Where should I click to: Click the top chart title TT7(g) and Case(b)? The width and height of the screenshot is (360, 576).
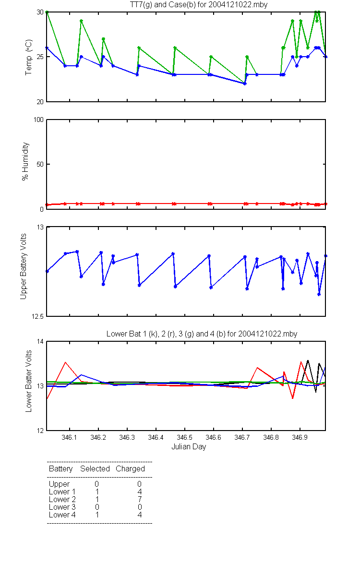pos(199,5)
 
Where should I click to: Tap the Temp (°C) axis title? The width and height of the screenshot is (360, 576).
pos(28,57)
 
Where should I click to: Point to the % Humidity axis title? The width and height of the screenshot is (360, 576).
pos(25,161)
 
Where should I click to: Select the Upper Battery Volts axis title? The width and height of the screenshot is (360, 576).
pos(24,266)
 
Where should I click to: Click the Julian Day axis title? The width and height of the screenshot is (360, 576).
pos(189,447)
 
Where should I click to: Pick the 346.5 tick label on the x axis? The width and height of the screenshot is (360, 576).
pos(184,437)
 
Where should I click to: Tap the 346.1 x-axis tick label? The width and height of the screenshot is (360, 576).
pos(69,437)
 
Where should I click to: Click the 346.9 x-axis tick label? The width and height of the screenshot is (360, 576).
pos(300,437)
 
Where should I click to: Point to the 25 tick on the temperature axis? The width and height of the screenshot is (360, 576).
pos(40,57)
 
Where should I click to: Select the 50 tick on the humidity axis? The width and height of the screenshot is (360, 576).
pos(40,164)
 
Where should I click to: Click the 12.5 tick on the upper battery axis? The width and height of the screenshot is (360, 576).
pos(37,316)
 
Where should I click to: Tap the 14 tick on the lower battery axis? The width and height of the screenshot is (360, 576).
pos(40,341)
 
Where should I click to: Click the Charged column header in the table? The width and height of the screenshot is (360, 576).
pos(130,469)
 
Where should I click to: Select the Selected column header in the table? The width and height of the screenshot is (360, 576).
pos(95,468)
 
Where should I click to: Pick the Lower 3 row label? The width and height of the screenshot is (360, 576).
pos(62,507)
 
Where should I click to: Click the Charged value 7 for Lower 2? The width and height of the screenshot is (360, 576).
pos(140,499)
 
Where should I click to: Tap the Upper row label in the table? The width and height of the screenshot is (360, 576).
pos(59,484)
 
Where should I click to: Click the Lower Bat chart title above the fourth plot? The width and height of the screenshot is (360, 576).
pos(202,334)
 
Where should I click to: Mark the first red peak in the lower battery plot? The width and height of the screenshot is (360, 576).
pos(66,362)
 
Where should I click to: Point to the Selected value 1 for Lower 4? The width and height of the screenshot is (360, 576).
pos(97,515)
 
